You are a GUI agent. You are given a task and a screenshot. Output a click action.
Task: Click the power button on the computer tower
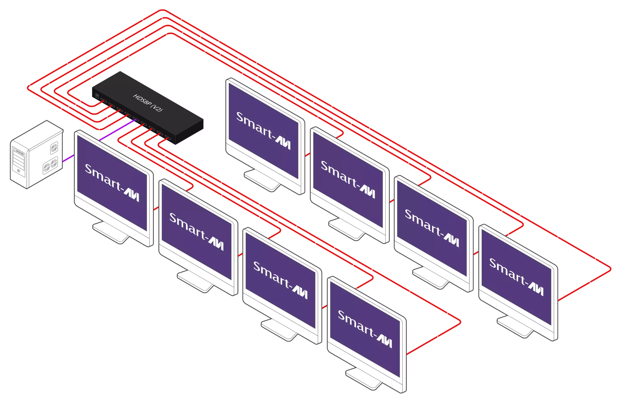pyautogui.click(x=19, y=171)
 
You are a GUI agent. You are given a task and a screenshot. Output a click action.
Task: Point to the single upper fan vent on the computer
pyautogui.click(x=54, y=148)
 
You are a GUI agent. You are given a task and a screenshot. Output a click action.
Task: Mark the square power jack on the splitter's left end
pyautogui.click(x=97, y=96)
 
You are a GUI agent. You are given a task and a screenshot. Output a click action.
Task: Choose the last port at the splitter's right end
pyautogui.click(x=168, y=138)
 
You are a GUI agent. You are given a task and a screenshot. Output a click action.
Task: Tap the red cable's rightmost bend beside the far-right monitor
pyautogui.click(x=611, y=269)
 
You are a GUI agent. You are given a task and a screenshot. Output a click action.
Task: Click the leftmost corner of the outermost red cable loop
pyautogui.click(x=28, y=88)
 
